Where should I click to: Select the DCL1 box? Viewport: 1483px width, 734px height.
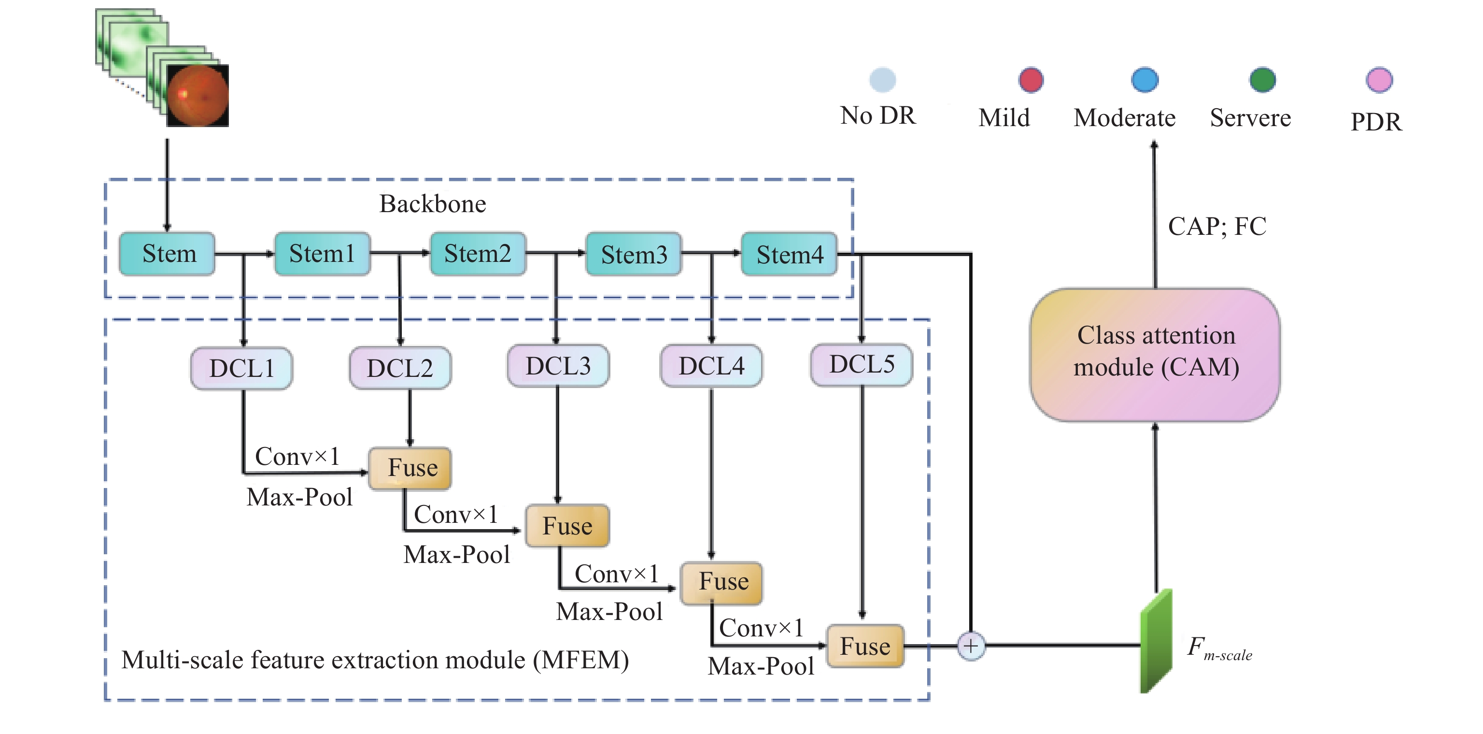point(241,368)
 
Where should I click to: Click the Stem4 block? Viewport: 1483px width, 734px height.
point(789,254)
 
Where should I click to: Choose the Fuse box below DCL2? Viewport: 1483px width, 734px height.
point(410,468)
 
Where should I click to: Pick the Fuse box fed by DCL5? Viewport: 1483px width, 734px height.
point(865,646)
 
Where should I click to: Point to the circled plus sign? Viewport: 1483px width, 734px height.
point(971,646)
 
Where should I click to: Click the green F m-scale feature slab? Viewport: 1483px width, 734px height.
point(1156,641)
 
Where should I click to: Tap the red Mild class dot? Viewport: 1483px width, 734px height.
point(1031,80)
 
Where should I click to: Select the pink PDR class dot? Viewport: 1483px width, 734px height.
point(1379,80)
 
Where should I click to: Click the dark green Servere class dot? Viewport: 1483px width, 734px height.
point(1262,80)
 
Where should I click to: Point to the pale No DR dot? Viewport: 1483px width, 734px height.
point(883,80)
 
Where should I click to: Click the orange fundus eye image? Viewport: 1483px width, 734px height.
point(198,96)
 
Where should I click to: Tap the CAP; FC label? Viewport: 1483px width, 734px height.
point(1217,227)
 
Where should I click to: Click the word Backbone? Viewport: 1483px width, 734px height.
point(432,204)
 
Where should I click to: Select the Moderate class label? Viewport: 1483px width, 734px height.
point(1124,118)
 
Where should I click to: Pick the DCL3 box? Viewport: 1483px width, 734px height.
point(558,366)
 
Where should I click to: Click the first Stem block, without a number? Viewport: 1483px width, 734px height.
point(167,254)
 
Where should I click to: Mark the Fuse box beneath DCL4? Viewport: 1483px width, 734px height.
point(722,582)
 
